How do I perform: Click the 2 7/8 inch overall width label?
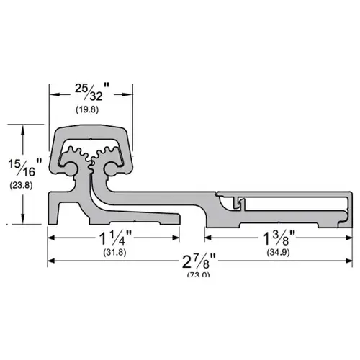[195, 261]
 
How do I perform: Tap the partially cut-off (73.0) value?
[195, 276]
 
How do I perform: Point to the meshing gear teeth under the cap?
[91, 154]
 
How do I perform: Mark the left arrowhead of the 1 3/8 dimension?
[209, 235]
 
